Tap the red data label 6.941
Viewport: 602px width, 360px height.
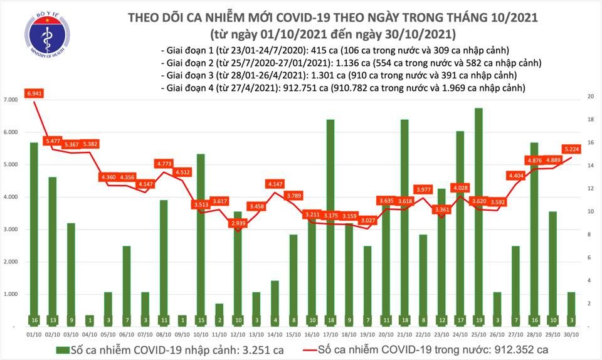[34, 93]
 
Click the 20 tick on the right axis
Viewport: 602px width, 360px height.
[590, 97]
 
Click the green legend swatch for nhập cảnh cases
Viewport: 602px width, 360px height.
[62, 349]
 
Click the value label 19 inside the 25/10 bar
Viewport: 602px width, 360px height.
[478, 320]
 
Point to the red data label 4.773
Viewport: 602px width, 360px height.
[164, 164]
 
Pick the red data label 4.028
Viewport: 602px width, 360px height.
[460, 188]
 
